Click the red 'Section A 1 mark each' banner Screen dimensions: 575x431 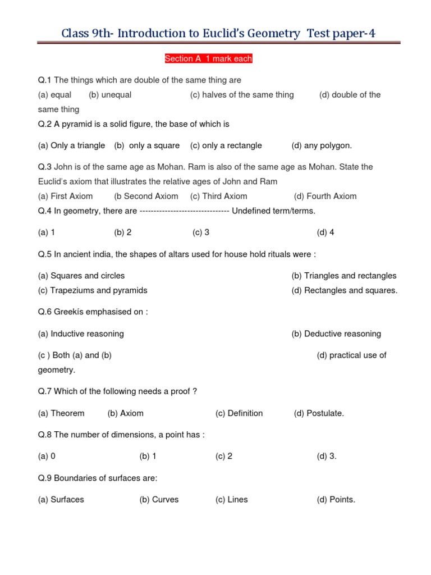click(x=208, y=58)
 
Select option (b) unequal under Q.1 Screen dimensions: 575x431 click(x=110, y=95)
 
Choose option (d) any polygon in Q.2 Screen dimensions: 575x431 click(x=322, y=145)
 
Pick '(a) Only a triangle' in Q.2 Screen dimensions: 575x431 click(x=71, y=145)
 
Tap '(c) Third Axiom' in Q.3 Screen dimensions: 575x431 click(x=218, y=196)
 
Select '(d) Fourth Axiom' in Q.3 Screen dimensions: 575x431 click(x=325, y=196)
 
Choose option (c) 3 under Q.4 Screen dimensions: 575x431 click(x=201, y=232)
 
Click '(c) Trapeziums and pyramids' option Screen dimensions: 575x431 click(x=93, y=290)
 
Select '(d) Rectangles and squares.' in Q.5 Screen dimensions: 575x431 click(x=345, y=290)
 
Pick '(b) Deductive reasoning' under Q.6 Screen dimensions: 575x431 click(x=336, y=334)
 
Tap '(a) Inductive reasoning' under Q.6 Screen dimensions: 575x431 click(x=81, y=334)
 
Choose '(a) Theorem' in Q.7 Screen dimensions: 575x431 click(x=61, y=413)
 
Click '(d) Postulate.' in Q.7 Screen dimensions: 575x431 click(x=319, y=413)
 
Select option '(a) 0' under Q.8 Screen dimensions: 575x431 click(x=47, y=456)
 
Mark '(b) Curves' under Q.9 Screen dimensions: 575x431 click(x=159, y=499)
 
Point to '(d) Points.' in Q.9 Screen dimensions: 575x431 click(x=336, y=499)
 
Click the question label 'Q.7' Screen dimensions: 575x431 click(x=45, y=391)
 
